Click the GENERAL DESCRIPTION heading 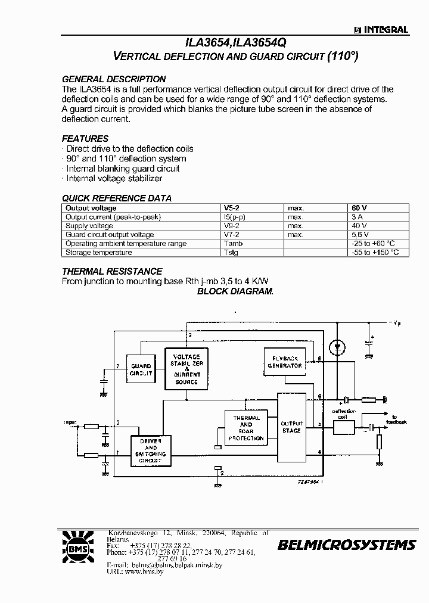(114, 79)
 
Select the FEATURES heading (85, 138)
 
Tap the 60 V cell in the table (359, 208)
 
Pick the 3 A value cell (357, 217)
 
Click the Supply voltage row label (89, 226)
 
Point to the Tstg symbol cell (231, 252)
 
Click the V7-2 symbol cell (232, 235)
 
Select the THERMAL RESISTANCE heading (112, 272)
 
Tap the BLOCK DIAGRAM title (235, 291)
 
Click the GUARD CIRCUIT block (141, 369)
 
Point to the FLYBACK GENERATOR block (284, 361)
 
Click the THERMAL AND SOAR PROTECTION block (246, 428)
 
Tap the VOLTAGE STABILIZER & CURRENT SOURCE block (186, 369)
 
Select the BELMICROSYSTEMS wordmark (346, 545)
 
